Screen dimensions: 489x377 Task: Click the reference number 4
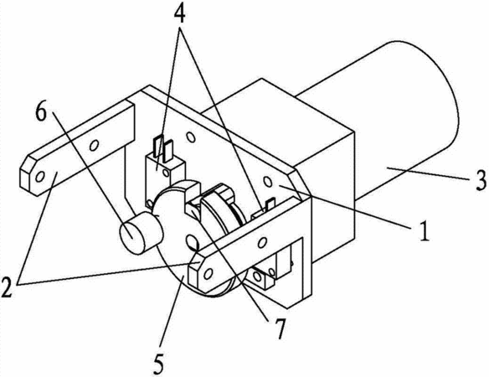click(179, 13)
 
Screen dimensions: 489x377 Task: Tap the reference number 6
click(41, 111)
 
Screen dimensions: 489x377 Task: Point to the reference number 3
click(481, 180)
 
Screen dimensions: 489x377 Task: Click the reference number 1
click(424, 230)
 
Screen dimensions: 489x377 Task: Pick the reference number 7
click(280, 329)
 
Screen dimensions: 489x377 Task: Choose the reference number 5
click(158, 364)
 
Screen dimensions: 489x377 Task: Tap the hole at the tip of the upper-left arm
click(40, 177)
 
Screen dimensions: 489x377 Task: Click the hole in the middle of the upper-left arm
click(94, 145)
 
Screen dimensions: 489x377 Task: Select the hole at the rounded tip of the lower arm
click(207, 274)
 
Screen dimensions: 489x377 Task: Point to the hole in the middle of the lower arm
click(263, 242)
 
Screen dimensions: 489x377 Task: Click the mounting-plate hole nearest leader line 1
click(267, 181)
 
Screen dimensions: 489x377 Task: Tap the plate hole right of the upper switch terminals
click(190, 137)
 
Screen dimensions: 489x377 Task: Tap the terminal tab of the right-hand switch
click(270, 204)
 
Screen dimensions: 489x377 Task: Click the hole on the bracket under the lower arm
click(258, 276)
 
